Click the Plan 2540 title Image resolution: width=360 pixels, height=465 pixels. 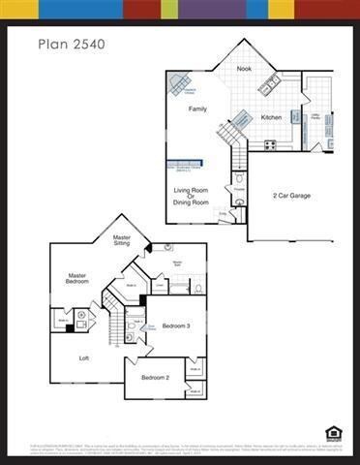pyautogui.click(x=72, y=44)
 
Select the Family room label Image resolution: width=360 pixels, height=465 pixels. pyautogui.click(x=197, y=109)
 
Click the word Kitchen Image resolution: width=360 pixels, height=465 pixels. pyautogui.click(x=272, y=118)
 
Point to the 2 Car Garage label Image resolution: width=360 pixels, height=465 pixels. pyautogui.click(x=290, y=195)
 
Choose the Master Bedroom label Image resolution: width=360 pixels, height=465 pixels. pyautogui.click(x=76, y=279)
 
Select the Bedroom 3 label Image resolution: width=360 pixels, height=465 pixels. pyautogui.click(x=175, y=326)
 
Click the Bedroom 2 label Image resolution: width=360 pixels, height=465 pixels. pyautogui.click(x=155, y=377)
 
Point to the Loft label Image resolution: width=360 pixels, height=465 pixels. pyautogui.click(x=85, y=357)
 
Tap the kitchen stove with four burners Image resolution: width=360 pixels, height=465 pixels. pyautogui.click(x=270, y=144)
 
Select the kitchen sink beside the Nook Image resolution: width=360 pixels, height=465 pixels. pyautogui.click(x=269, y=82)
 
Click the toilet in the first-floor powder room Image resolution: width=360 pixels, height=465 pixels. pyautogui.click(x=239, y=179)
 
